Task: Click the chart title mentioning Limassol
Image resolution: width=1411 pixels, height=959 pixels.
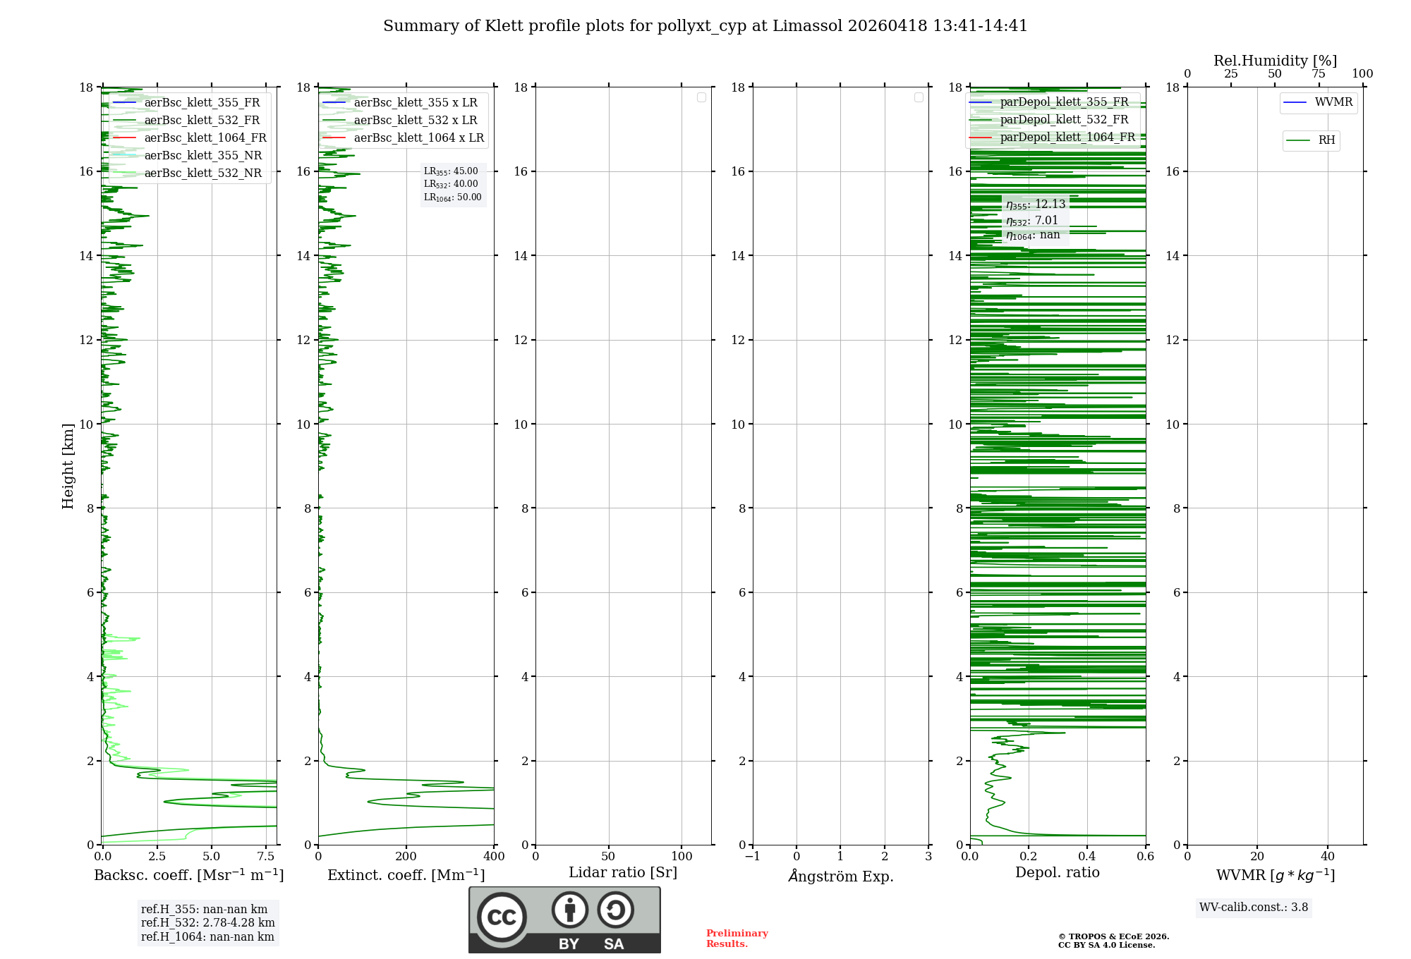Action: click(x=705, y=26)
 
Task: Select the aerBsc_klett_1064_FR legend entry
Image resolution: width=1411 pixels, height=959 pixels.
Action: click(x=205, y=138)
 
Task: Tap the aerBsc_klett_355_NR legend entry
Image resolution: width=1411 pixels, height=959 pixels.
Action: click(x=202, y=155)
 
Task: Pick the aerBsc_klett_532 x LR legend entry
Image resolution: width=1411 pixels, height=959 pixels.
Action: click(x=415, y=120)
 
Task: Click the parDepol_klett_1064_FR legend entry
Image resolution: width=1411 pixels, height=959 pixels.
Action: click(x=1067, y=137)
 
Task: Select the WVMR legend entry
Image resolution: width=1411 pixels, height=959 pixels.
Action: click(x=1333, y=102)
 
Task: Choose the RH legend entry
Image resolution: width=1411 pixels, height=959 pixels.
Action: click(x=1326, y=140)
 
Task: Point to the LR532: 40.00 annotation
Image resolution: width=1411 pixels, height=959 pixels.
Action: click(x=451, y=184)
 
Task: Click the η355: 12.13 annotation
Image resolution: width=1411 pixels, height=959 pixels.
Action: click(x=1035, y=204)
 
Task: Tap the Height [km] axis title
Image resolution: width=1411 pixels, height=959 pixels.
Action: click(x=68, y=466)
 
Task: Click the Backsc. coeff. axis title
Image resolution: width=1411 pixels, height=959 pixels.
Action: click(x=189, y=875)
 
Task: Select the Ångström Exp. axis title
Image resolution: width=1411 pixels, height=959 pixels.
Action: click(x=841, y=876)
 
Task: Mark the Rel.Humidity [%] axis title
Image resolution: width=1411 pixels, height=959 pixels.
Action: click(x=1275, y=61)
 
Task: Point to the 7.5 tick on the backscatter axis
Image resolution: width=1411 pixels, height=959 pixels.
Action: click(x=266, y=856)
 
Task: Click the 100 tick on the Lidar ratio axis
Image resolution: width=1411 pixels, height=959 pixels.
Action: click(x=682, y=856)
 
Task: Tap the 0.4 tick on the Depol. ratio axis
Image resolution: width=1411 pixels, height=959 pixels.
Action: click(x=1087, y=856)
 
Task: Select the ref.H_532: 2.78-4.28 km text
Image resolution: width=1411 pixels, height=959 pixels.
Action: click(x=207, y=923)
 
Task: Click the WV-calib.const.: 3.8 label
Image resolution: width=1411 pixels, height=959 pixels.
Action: click(x=1254, y=908)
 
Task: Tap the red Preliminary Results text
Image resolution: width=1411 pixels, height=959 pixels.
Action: click(x=737, y=939)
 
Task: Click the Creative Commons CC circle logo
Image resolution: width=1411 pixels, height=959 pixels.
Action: click(x=502, y=917)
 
